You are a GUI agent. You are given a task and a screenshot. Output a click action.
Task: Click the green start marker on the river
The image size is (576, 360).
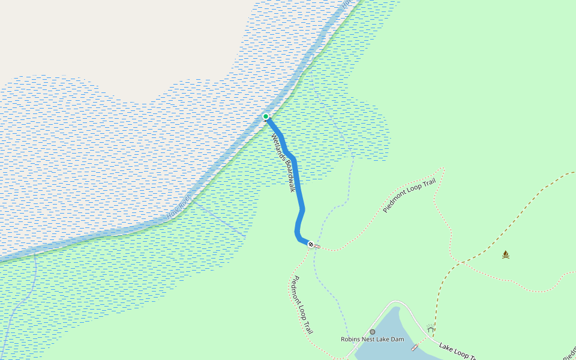click(x=266, y=116)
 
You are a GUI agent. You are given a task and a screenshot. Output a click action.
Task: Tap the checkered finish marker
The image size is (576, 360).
click(x=311, y=244)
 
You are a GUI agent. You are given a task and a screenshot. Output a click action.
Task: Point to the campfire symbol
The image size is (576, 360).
click(x=506, y=254)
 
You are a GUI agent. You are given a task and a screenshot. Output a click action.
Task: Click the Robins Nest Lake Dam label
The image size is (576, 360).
click(x=373, y=340)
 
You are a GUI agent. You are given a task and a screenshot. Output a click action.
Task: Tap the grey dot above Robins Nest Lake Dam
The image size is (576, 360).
click(x=373, y=332)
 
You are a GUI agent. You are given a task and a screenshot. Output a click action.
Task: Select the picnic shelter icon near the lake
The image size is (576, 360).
click(x=430, y=328)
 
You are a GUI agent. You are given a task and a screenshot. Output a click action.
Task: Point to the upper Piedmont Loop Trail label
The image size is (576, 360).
click(x=409, y=196)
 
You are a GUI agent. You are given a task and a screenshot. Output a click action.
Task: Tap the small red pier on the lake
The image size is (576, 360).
click(x=413, y=348)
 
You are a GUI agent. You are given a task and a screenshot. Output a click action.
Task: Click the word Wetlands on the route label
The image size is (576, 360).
click(x=277, y=147)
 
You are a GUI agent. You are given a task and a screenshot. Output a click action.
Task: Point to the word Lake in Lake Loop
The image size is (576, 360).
click(x=446, y=347)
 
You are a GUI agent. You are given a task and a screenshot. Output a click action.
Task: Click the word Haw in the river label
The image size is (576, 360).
click(x=172, y=212)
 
